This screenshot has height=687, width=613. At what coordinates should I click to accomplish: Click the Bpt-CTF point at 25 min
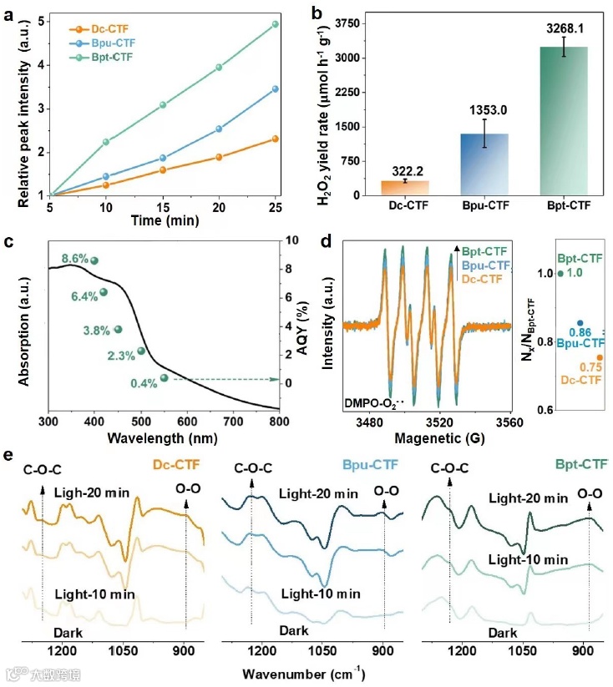pos(275,24)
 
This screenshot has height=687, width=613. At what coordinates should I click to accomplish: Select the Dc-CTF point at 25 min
pos(275,139)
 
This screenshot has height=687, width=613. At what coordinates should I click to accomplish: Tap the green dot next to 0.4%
pos(165,378)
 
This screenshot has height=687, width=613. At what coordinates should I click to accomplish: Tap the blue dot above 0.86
pos(580,323)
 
